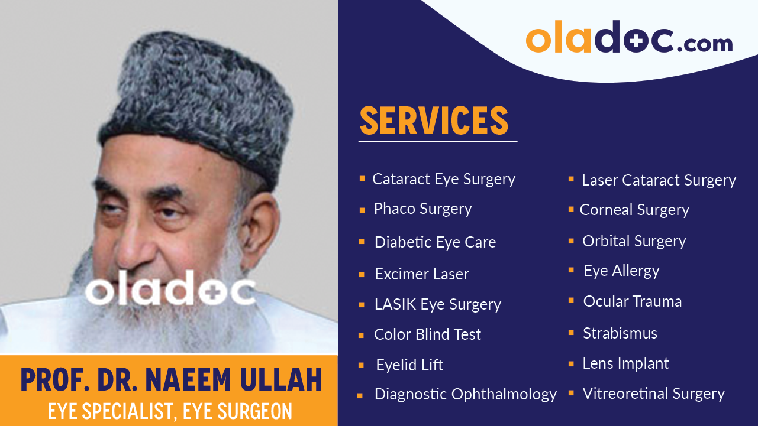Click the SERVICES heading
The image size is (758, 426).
pyautogui.click(x=434, y=121)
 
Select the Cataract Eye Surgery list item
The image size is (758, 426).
pyautogui.click(x=443, y=180)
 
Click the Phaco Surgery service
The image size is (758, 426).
pyautogui.click(x=422, y=209)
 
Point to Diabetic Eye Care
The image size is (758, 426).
pyautogui.click(x=435, y=242)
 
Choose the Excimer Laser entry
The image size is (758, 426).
pyautogui.click(x=421, y=274)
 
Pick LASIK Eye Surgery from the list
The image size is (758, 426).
pyautogui.click(x=437, y=305)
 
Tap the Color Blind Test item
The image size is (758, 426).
pyautogui.click(x=427, y=334)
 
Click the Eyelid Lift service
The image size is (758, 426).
pyautogui.click(x=409, y=365)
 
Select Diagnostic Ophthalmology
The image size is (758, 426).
pyautogui.click(x=465, y=394)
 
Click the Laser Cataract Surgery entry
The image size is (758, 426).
pyautogui.click(x=659, y=181)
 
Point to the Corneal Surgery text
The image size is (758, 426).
pyautogui.click(x=634, y=210)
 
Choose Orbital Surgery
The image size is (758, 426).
pyautogui.click(x=634, y=241)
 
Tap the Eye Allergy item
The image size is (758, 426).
pyautogui.click(x=621, y=271)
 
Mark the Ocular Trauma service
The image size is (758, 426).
pyautogui.click(x=632, y=301)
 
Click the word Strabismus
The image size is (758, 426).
pyautogui.click(x=620, y=333)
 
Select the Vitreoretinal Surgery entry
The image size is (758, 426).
pyautogui.click(x=653, y=394)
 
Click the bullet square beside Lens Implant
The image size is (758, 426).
pyautogui.click(x=571, y=363)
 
